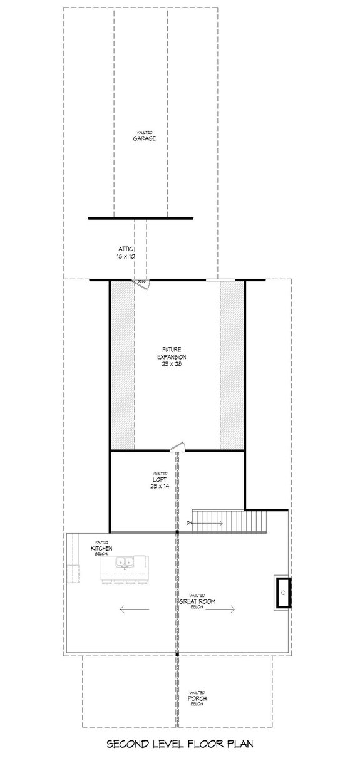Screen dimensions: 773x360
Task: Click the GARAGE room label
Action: (144, 138)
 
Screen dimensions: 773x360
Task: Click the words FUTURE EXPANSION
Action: (172, 353)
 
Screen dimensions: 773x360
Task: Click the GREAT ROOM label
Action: (198, 601)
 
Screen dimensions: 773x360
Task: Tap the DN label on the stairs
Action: (188, 522)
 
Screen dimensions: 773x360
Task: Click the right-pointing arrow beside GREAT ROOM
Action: (223, 608)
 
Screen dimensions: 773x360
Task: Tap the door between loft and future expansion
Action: (177, 447)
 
